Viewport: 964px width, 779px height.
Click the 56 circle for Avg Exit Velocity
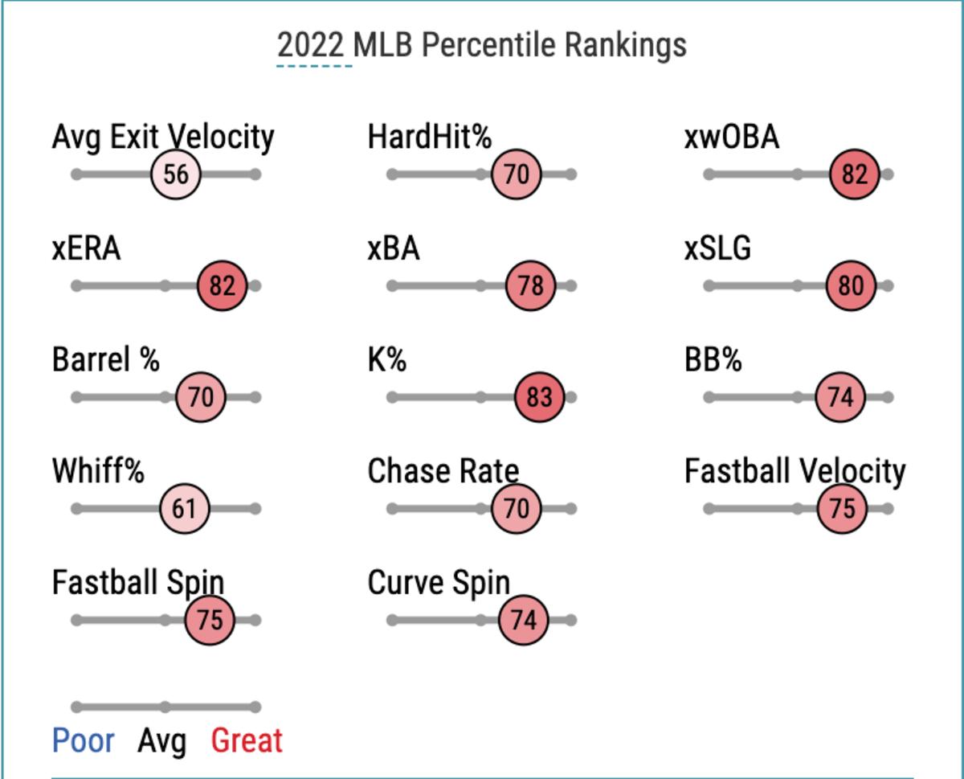[x=176, y=174]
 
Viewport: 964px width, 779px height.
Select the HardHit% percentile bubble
[x=517, y=174]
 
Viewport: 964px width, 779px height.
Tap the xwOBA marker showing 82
[x=855, y=174]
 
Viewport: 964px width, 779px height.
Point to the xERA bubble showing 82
[x=222, y=285]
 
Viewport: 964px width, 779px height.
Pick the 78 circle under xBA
[x=530, y=285]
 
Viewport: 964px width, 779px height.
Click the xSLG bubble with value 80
[x=851, y=285]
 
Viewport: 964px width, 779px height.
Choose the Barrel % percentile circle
[x=200, y=397]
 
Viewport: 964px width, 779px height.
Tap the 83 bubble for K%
[x=539, y=397]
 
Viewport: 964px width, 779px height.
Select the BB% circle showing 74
[x=840, y=397]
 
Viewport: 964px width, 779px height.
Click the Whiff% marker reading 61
[x=185, y=509]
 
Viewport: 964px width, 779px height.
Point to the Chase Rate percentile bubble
[x=517, y=509]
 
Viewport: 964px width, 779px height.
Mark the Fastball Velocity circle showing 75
[x=842, y=509]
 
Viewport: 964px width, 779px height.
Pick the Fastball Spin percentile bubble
[x=210, y=621]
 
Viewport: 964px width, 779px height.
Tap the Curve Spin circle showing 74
[x=523, y=621]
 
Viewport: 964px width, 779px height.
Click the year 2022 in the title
[x=314, y=45]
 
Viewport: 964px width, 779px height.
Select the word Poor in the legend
[x=84, y=740]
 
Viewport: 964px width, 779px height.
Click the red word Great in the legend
[x=247, y=740]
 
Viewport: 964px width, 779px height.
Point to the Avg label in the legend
[x=161, y=740]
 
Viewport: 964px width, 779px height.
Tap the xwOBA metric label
[x=732, y=137]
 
